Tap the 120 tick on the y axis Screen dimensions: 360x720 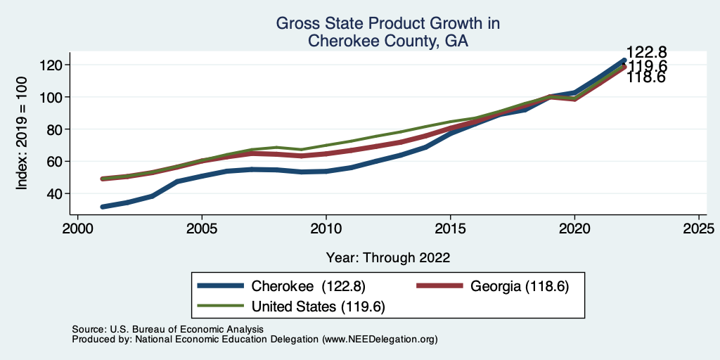53,65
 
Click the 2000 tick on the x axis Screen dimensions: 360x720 77,229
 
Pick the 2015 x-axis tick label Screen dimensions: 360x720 450,229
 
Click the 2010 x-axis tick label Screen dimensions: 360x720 326,229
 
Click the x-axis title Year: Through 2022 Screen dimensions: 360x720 388,257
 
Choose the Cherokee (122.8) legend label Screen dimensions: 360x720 308,286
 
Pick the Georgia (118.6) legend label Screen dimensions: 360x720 519,286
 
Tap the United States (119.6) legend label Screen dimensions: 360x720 319,307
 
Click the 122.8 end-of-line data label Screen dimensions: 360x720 647,53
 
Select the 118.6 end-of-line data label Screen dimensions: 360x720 646,78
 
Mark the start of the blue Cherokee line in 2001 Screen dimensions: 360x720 103,207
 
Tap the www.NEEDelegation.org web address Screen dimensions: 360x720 379,339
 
